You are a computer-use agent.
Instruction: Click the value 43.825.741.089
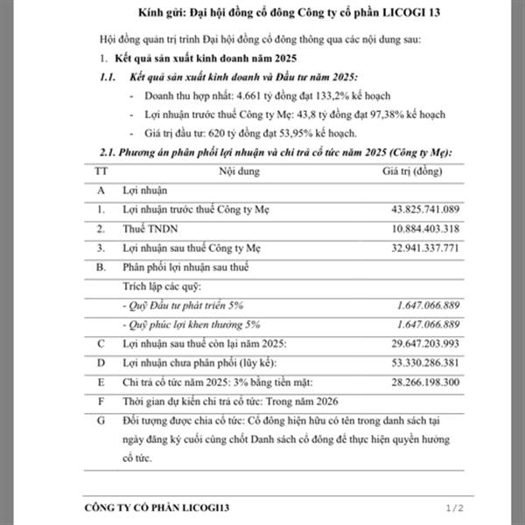[414, 210]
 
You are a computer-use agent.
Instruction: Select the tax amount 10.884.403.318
[414, 229]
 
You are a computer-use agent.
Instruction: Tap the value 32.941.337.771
[414, 248]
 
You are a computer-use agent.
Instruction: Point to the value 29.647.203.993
[414, 342]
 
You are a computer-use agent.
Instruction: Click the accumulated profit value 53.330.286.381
[414, 361]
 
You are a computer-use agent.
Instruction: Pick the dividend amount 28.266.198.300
[414, 381]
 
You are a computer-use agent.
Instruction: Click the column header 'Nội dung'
[238, 171]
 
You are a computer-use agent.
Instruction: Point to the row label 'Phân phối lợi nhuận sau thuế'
[185, 267]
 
